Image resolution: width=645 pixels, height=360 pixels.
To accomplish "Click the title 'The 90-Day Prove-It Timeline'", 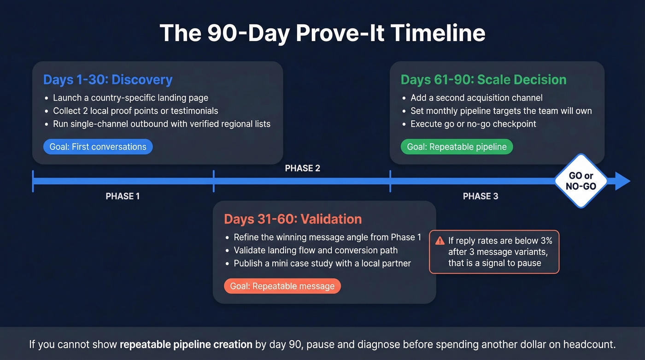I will click(x=322, y=33).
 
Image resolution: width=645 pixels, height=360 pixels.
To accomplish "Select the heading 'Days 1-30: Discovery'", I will click(x=108, y=79).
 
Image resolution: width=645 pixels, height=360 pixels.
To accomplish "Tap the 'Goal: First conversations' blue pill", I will click(x=98, y=147).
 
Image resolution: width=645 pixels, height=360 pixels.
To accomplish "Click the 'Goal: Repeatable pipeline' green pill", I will click(x=457, y=147).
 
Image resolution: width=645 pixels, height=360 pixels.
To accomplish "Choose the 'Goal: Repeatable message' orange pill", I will click(x=282, y=286).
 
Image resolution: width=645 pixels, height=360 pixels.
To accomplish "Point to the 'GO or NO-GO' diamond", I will click(x=581, y=181).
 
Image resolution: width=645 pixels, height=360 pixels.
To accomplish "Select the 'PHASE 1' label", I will click(x=123, y=196).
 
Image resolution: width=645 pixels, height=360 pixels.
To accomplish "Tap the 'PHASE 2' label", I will click(x=302, y=168).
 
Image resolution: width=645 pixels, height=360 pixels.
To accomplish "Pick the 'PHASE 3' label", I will click(x=481, y=196).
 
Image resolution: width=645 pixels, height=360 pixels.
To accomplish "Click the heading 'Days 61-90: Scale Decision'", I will click(x=483, y=79).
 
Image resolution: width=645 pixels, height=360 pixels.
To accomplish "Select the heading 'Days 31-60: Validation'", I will click(x=293, y=219).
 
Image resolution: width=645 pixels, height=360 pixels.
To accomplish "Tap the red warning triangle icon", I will click(x=440, y=241).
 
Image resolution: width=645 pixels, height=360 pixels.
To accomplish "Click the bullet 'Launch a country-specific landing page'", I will click(x=130, y=98).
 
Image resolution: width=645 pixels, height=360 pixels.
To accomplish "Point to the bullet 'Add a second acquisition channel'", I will click(x=476, y=98).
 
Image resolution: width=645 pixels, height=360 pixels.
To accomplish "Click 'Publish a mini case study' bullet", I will click(x=322, y=264).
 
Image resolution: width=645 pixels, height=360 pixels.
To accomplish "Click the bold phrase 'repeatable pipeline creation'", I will click(x=186, y=344).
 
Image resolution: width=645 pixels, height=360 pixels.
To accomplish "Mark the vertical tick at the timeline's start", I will click(x=33, y=181).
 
